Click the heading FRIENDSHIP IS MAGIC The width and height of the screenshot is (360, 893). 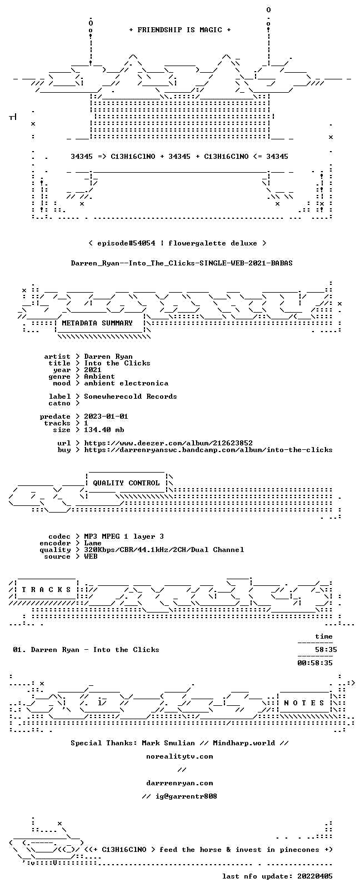point(180,30)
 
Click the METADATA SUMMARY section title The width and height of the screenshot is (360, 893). point(97,323)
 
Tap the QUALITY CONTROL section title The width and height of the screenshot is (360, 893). point(126,483)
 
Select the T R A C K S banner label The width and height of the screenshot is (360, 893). point(46,590)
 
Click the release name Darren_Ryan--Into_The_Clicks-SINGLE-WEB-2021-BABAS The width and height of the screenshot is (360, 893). point(182,263)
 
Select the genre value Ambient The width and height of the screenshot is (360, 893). point(99,377)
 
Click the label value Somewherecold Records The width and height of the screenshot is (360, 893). point(131,397)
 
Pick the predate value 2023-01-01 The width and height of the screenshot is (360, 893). point(106,416)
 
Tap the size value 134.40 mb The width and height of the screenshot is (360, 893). point(104,430)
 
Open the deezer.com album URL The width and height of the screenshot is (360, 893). point(168,443)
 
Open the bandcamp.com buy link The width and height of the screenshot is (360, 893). point(208,450)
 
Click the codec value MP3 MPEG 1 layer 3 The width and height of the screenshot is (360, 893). point(124,536)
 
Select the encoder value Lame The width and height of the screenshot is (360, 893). point(93,543)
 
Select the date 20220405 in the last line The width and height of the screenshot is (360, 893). point(315,876)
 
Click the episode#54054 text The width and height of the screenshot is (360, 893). point(126,243)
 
